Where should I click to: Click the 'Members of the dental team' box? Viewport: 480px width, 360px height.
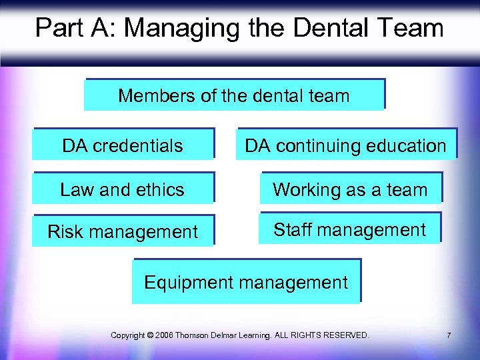coord(234,95)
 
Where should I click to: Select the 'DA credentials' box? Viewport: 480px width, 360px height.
coord(123,145)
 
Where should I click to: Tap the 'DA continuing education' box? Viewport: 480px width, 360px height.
coord(345,145)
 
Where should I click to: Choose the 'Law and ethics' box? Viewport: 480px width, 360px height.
coord(123,189)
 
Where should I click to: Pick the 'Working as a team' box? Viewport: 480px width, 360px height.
coord(350,189)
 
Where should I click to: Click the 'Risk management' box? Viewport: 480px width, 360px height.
coord(123,231)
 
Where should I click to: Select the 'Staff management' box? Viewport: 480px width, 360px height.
coord(349,230)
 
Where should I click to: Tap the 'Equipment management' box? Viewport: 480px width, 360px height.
coord(246,282)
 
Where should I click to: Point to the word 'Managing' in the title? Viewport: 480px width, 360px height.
coord(181,28)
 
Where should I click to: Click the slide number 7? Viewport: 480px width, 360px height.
coord(449,335)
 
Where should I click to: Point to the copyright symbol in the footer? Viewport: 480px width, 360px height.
coord(149,335)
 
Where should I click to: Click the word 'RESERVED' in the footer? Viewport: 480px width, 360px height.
coord(345,335)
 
